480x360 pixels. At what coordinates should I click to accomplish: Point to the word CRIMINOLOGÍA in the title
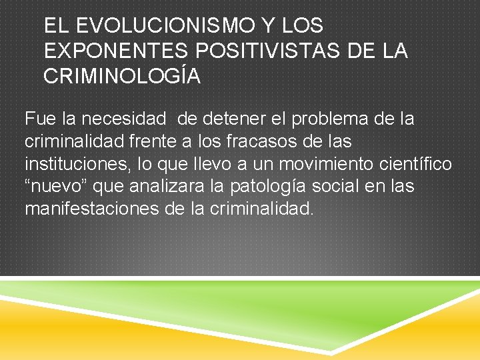[122, 76]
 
